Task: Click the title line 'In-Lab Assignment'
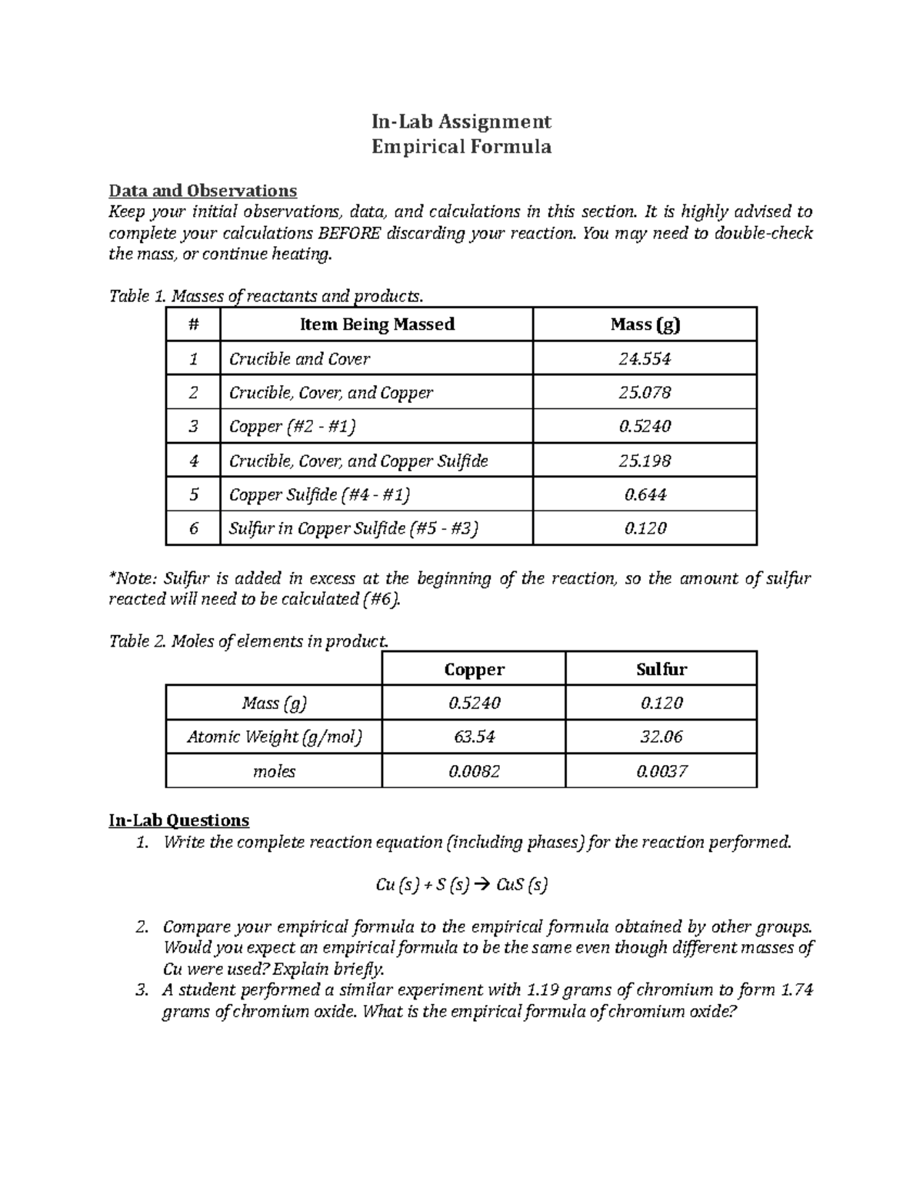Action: click(x=461, y=121)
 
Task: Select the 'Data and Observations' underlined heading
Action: click(x=202, y=190)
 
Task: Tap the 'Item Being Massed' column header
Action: click(x=376, y=324)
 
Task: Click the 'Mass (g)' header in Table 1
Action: click(x=645, y=324)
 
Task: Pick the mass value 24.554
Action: click(x=645, y=358)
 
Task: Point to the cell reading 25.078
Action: click(x=645, y=392)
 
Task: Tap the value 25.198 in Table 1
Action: click(x=645, y=461)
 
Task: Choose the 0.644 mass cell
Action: click(x=645, y=494)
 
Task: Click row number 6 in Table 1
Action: click(x=193, y=528)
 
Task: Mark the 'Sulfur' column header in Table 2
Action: click(x=661, y=669)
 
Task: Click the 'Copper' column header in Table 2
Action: click(x=474, y=669)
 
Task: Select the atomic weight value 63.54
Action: click(x=474, y=737)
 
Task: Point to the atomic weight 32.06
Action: click(x=661, y=737)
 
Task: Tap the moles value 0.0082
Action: click(x=474, y=771)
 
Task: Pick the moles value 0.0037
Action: click(x=661, y=771)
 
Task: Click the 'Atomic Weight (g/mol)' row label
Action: click(x=274, y=737)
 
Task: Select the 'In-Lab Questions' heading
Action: click(x=178, y=820)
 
